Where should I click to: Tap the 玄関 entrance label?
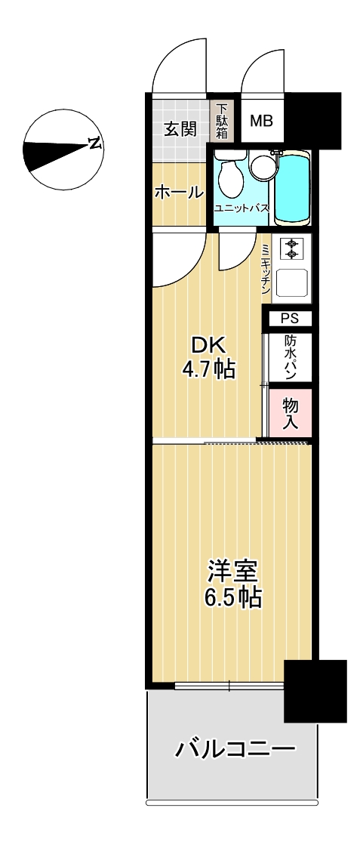pyautogui.click(x=180, y=129)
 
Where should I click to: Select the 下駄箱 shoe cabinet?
pyautogui.click(x=222, y=122)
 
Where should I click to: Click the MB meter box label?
pyautogui.click(x=262, y=121)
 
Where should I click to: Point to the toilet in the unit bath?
pyautogui.click(x=231, y=171)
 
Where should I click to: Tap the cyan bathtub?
pyautogui.click(x=292, y=187)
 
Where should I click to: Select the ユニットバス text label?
pyautogui.click(x=241, y=208)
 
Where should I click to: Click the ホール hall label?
pyautogui.click(x=179, y=192)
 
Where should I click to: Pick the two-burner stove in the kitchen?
pyautogui.click(x=291, y=248)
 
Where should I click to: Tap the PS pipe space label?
pyautogui.click(x=289, y=319)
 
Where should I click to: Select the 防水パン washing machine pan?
pyautogui.click(x=291, y=358)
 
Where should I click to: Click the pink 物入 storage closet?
pyautogui.click(x=291, y=414)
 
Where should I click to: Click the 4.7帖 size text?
pyautogui.click(x=207, y=369)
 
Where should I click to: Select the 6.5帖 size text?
pyautogui.click(x=233, y=597)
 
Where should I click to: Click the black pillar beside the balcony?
pyautogui.click(x=315, y=690)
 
